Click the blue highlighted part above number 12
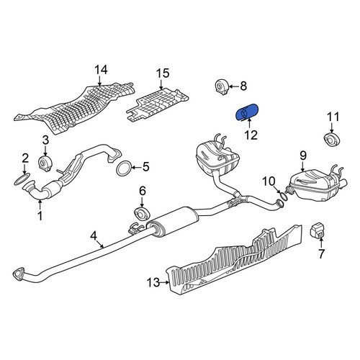tap(246, 112)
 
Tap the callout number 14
tap(101, 70)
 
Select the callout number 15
tap(163, 73)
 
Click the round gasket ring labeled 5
tap(124, 168)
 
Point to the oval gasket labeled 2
tap(22, 179)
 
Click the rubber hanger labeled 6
tap(142, 214)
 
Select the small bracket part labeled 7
tap(317, 230)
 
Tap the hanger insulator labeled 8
tap(221, 86)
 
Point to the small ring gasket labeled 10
tap(284, 197)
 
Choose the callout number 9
tap(303, 156)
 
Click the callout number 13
tap(153, 282)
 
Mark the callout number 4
tap(93, 235)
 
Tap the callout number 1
tap(40, 216)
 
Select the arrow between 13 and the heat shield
tap(165, 282)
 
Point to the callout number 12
tap(251, 135)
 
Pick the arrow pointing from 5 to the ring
tap(137, 167)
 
